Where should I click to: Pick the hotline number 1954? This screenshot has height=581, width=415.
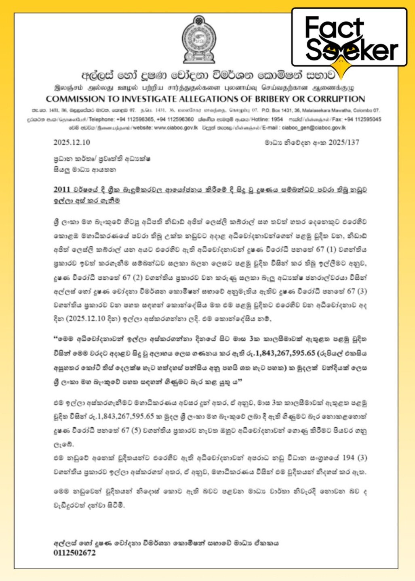coord(277,119)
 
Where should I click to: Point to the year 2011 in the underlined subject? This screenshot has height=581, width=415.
coord(62,190)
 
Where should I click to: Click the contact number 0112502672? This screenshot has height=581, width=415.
coord(75,553)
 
